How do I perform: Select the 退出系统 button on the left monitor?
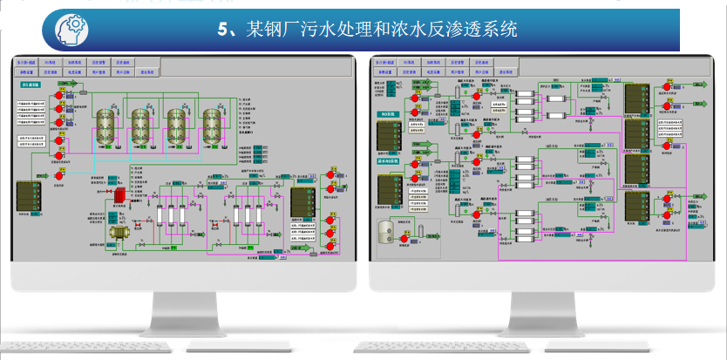[x=146, y=72]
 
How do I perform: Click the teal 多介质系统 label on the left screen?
[x=31, y=85]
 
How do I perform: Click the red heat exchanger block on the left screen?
[x=114, y=197]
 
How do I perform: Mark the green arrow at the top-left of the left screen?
[x=63, y=84]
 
